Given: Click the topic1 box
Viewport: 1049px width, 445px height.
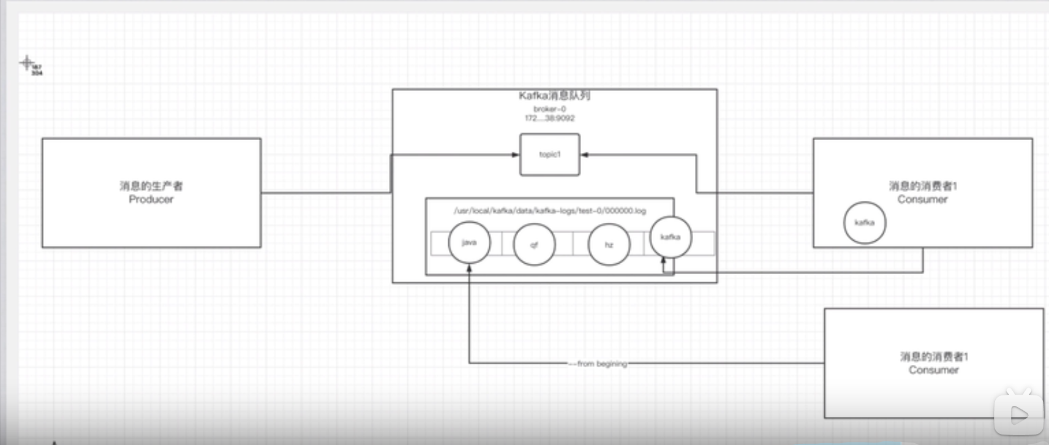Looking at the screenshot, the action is click(x=549, y=155).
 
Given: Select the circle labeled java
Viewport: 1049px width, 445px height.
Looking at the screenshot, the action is click(x=469, y=242).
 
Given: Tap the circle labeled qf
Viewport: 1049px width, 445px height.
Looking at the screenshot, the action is click(x=534, y=244).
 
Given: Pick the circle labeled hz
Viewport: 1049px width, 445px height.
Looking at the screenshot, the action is click(x=609, y=244).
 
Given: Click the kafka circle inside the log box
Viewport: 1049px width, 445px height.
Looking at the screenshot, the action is click(x=671, y=237).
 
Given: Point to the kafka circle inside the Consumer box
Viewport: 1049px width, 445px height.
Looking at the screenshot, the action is click(x=864, y=223).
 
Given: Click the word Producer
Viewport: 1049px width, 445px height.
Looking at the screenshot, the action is click(x=151, y=200).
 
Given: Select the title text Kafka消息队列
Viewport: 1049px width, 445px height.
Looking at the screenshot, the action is click(x=554, y=95).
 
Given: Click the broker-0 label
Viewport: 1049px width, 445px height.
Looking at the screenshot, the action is click(x=549, y=109).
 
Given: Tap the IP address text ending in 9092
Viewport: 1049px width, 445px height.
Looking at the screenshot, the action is click(x=549, y=118).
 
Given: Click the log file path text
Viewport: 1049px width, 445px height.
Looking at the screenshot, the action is click(x=549, y=211).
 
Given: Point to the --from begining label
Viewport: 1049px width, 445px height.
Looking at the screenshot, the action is click(x=598, y=364).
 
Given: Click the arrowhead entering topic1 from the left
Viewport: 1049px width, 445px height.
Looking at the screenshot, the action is click(x=516, y=155).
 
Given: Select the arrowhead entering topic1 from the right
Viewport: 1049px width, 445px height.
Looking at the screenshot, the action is click(x=584, y=155).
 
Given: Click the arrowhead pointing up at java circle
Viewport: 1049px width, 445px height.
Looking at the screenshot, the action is click(x=469, y=268).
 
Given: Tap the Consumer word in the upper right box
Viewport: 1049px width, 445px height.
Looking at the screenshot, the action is click(x=922, y=200).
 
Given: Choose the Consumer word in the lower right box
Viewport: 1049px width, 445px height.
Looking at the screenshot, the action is click(x=933, y=370).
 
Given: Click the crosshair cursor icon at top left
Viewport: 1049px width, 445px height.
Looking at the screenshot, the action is click(x=26, y=62).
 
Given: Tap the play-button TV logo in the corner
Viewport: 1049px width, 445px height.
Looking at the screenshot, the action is click(x=1018, y=414).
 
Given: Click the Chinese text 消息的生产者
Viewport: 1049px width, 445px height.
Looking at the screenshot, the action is click(x=151, y=186).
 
